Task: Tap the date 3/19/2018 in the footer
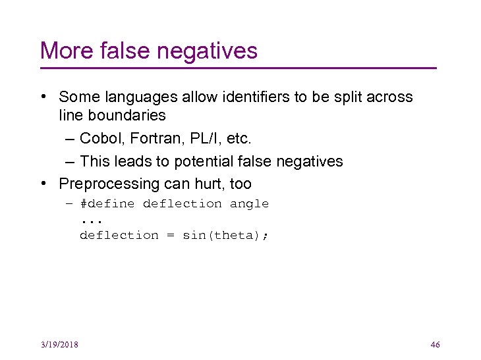tap(58, 345)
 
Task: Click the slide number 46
tap(434, 345)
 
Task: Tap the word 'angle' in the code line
tap(249, 204)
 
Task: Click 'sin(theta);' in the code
tap(225, 236)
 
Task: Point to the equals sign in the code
tap(170, 236)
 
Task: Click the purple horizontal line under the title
tap(238, 68)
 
